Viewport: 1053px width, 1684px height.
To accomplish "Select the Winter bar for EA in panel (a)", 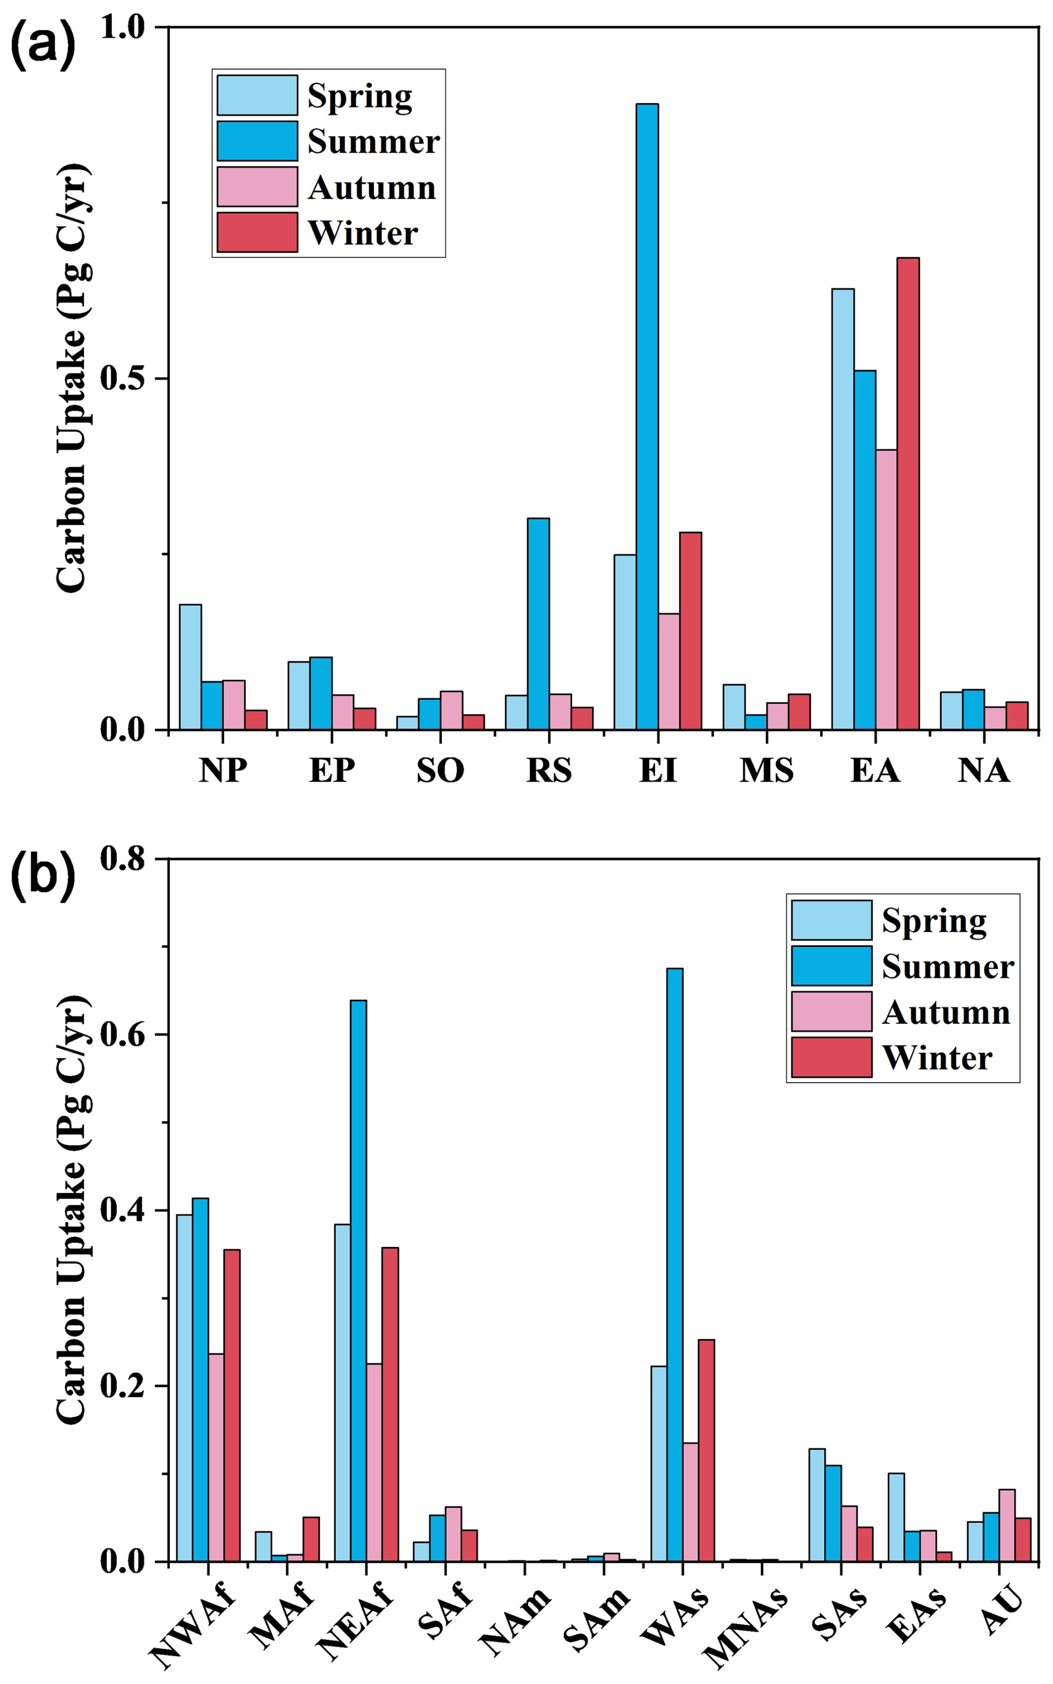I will (908, 494).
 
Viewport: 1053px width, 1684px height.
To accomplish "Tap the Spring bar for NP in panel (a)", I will (190, 666).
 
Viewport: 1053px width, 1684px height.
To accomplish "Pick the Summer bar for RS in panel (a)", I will (538, 624).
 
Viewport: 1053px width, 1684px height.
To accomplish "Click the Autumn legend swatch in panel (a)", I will (257, 186).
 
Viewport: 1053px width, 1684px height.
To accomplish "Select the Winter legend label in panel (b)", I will (937, 1058).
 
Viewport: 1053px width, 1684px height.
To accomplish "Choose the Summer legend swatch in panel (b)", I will (831, 966).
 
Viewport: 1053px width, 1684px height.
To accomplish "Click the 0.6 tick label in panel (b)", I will (122, 1035).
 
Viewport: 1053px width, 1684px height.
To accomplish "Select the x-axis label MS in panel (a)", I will (766, 770).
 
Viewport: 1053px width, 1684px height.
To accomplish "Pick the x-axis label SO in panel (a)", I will (440, 770).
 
